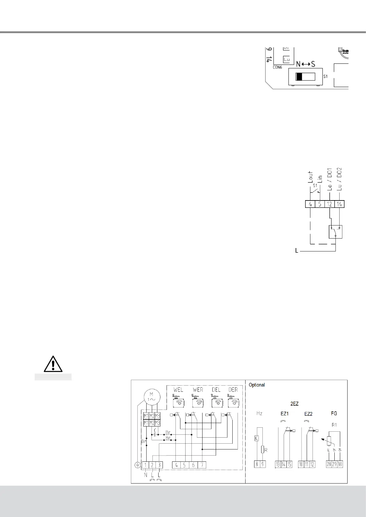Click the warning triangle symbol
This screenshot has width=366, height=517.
click(53, 364)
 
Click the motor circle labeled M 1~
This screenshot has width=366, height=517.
click(151, 397)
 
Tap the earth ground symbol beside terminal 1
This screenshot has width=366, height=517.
click(138, 465)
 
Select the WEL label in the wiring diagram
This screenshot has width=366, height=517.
click(178, 390)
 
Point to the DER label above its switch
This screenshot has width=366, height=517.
click(233, 390)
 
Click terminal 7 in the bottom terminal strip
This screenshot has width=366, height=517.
click(202, 465)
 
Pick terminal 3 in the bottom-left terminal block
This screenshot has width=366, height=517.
click(159, 465)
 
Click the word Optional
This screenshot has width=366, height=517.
click(257, 385)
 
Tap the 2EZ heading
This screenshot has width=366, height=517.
click(294, 404)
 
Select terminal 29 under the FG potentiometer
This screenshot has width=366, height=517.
click(334, 464)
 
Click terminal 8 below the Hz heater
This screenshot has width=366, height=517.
click(257, 464)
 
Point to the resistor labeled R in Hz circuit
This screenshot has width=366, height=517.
click(262, 450)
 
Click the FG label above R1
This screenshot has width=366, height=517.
click(334, 414)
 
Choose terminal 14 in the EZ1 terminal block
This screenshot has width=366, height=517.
click(284, 464)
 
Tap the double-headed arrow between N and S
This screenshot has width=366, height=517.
click(306, 64)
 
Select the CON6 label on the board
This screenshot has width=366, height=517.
click(277, 67)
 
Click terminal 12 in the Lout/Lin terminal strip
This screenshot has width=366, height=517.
click(329, 204)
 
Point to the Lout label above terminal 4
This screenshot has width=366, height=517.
click(310, 177)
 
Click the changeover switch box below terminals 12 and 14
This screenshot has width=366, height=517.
click(336, 232)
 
